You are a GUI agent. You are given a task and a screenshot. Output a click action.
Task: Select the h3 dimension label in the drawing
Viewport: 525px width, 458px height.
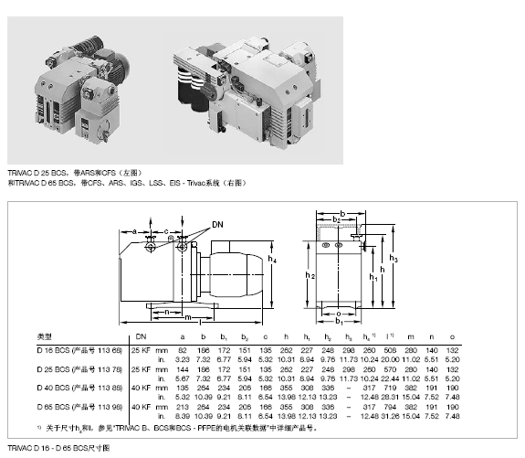pos(394,259)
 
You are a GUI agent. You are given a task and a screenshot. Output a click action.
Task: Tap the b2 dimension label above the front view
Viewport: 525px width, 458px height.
pos(336,220)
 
